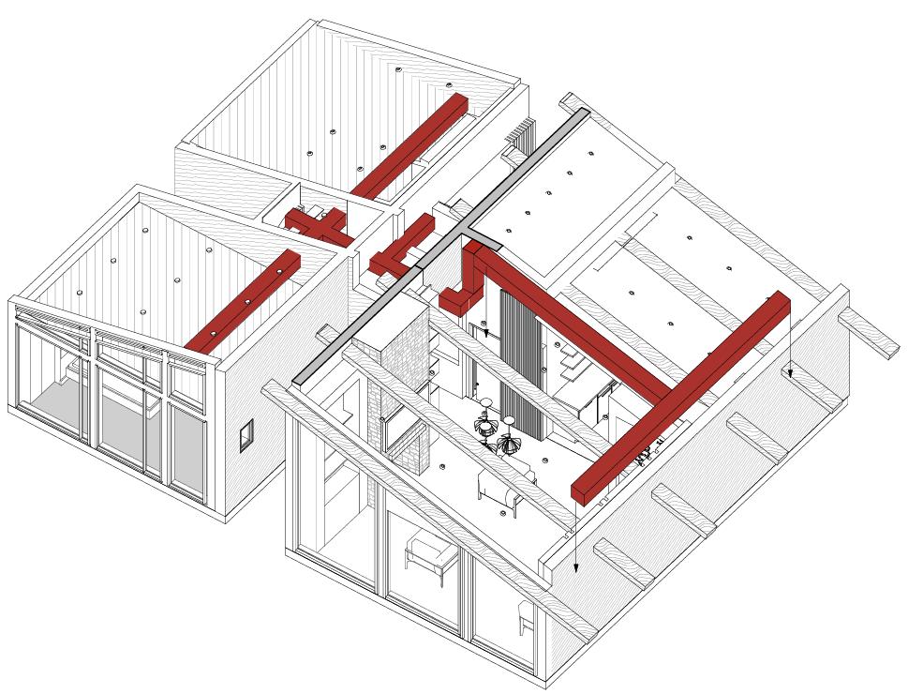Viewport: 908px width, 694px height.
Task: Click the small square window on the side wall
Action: point(246,436)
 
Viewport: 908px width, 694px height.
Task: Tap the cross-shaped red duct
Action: point(317,224)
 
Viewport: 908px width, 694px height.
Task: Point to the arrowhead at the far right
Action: point(790,372)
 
